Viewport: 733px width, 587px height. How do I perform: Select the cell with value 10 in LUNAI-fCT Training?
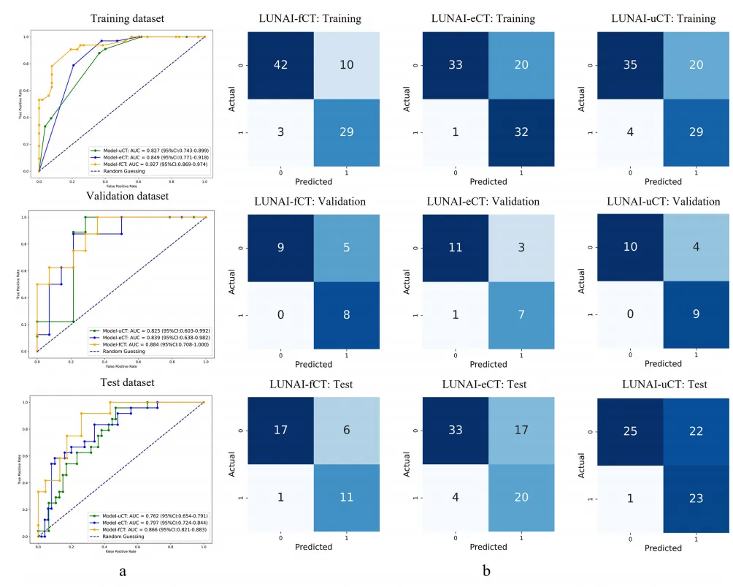coord(347,65)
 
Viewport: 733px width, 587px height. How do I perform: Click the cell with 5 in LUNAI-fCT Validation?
coord(347,249)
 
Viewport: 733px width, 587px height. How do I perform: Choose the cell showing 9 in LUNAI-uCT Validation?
coord(695,315)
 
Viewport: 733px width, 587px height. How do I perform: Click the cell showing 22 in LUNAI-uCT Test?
coord(695,431)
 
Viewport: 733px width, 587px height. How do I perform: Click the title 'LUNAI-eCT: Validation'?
coord(487,202)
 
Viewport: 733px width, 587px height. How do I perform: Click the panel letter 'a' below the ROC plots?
coord(123,572)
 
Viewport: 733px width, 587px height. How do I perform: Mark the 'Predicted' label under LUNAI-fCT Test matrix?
coord(312,547)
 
